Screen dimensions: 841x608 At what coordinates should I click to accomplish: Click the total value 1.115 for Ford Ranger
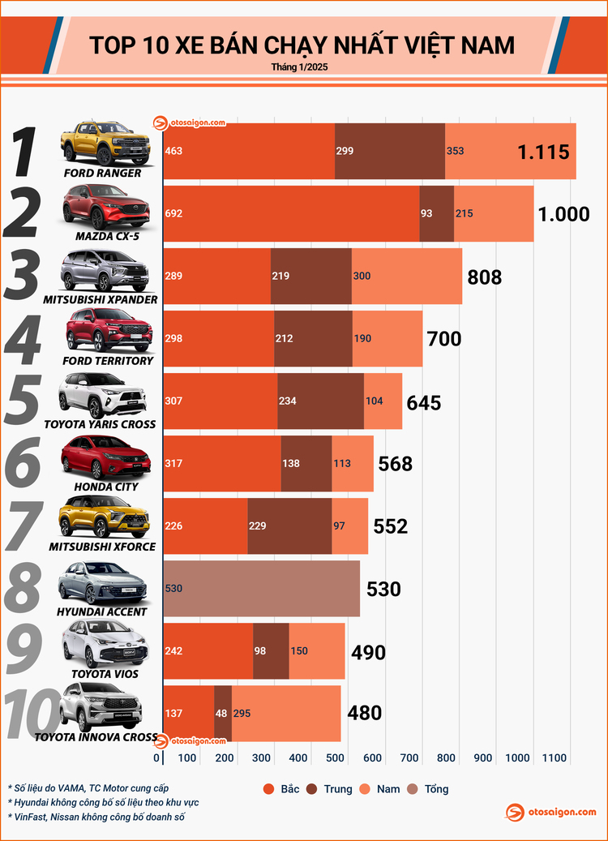pos(544,152)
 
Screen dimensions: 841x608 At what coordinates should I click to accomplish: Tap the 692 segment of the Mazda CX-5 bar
pos(291,214)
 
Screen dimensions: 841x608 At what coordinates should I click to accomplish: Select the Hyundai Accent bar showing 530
pos(262,589)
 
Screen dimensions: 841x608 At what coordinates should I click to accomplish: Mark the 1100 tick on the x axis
pos(554,757)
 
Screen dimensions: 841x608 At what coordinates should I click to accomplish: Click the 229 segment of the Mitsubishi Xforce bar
pos(289,526)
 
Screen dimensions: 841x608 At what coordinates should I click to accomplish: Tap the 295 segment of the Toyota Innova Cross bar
pos(286,714)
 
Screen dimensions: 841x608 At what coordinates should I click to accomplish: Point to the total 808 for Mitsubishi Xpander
pos(485,277)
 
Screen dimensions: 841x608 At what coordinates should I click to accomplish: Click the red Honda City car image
pos(106,457)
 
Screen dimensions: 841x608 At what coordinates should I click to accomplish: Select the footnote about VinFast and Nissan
pos(96,817)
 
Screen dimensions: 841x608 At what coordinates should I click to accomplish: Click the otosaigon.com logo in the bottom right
pos(551,812)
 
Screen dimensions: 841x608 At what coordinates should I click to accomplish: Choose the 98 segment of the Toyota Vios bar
pos(271,651)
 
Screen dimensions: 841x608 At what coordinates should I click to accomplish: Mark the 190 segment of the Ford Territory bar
pos(387,338)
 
